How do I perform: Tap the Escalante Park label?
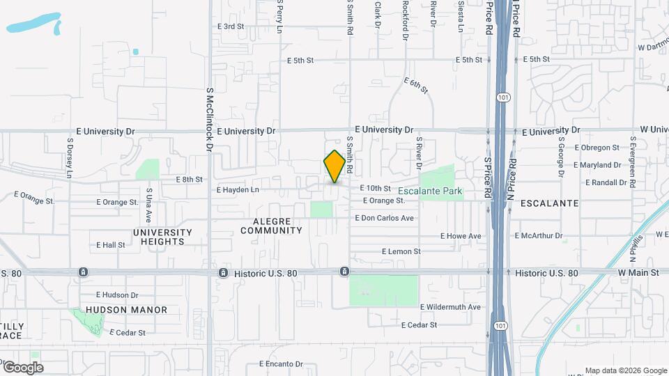pos(431,190)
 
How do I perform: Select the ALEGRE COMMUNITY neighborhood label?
pos(272,226)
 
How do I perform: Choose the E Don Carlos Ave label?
pos(385,218)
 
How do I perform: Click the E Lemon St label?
pos(401,251)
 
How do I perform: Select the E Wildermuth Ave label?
pos(450,307)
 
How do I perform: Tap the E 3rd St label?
pos(231,26)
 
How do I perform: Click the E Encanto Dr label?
pos(281,363)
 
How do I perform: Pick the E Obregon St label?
pos(597,148)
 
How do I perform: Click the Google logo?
pos(22,368)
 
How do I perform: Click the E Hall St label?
pos(111,245)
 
